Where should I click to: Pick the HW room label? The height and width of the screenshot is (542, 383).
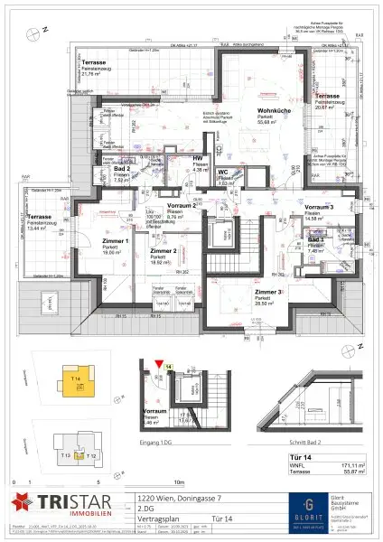198,159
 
